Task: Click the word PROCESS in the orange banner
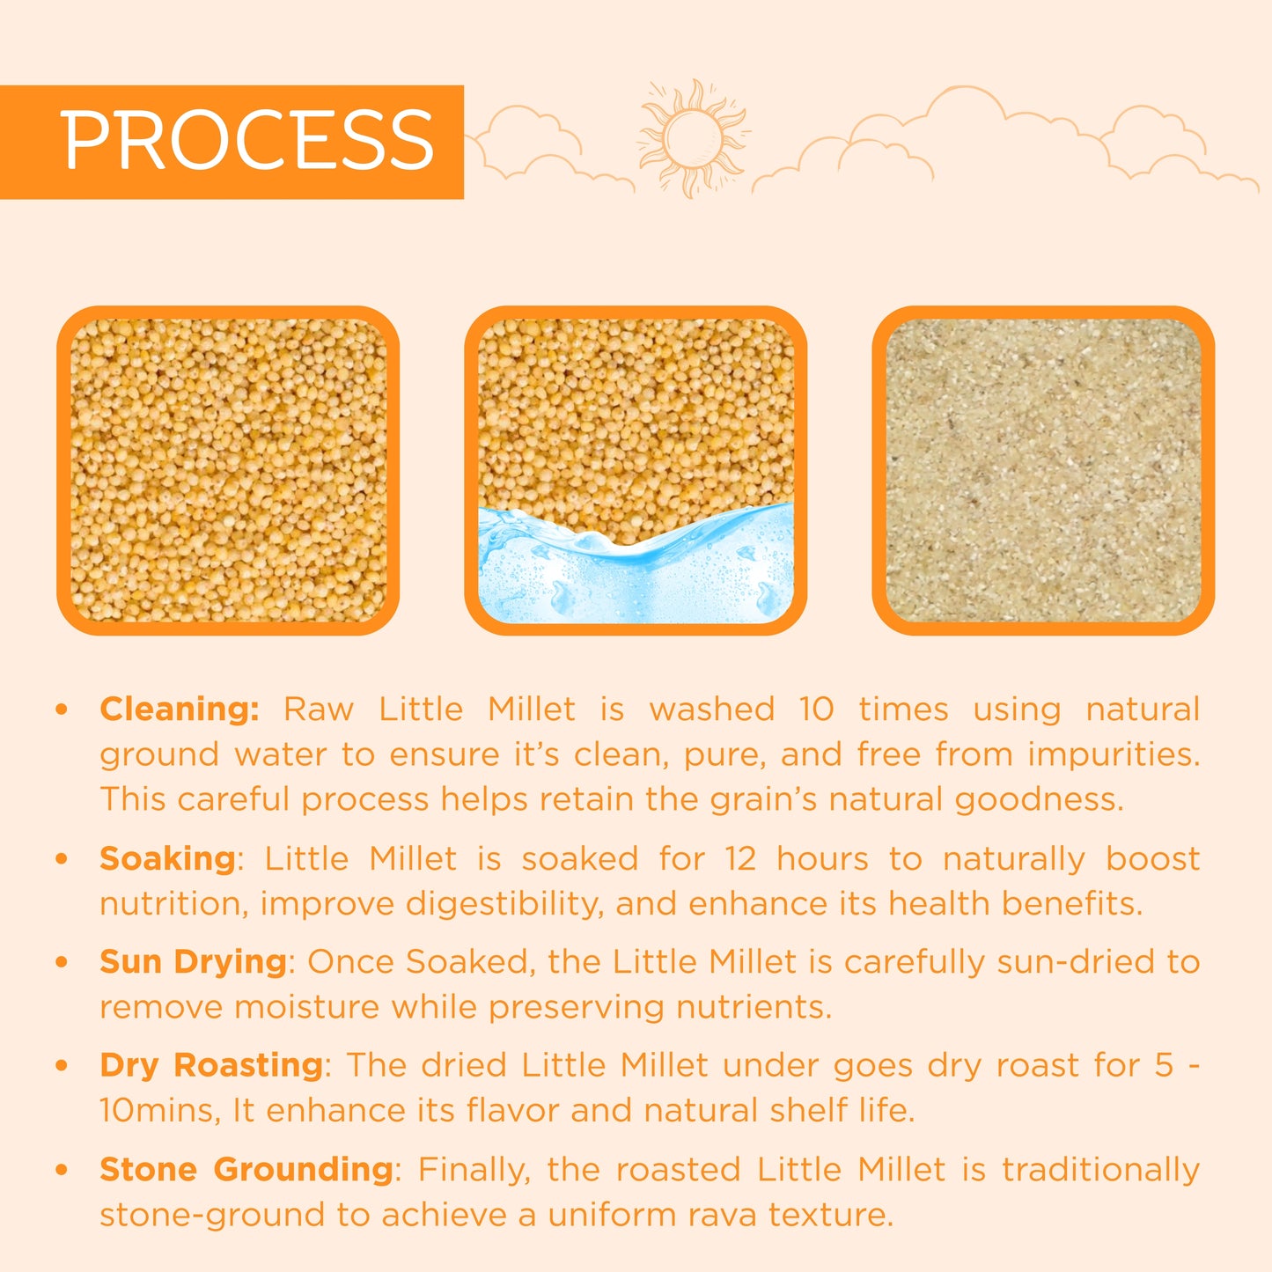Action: (x=247, y=141)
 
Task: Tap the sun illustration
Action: (x=693, y=137)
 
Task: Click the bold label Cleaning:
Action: (x=180, y=709)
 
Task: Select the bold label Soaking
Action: (x=167, y=858)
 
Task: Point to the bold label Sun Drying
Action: (x=193, y=961)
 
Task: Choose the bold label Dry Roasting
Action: (x=211, y=1065)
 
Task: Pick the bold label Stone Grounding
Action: (x=246, y=1169)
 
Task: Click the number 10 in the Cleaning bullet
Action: (x=816, y=709)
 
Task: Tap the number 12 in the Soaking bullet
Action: (x=740, y=858)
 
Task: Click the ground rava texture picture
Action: (x=1043, y=470)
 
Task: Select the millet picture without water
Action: (x=228, y=470)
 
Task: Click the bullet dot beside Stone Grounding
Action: (x=62, y=1170)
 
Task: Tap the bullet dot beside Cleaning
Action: (x=62, y=710)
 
